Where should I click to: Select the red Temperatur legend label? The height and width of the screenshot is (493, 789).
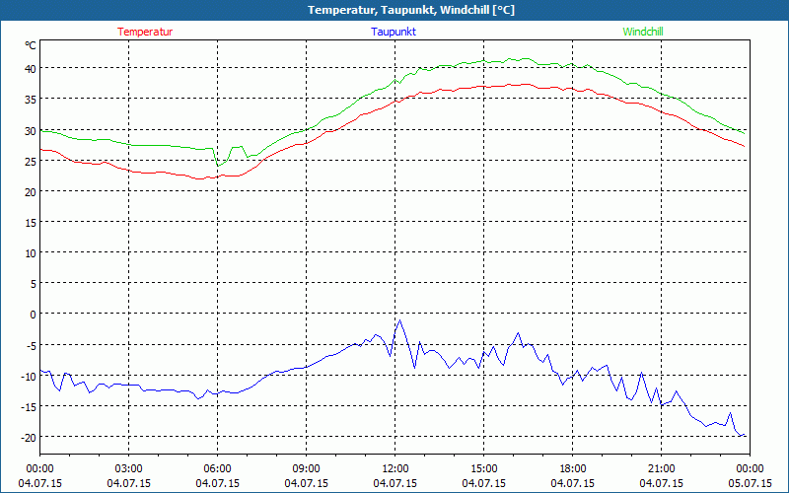click(x=145, y=32)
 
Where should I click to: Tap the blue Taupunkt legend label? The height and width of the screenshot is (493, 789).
click(x=394, y=32)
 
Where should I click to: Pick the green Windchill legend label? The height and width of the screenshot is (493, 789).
click(x=642, y=32)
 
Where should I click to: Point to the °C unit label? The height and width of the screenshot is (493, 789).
click(x=31, y=45)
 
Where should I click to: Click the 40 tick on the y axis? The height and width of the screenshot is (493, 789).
click(x=30, y=68)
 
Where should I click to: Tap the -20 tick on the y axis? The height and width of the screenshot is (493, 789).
click(x=29, y=437)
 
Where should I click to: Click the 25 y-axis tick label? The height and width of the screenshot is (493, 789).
click(x=30, y=161)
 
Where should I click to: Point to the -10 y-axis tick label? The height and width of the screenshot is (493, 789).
click(x=29, y=376)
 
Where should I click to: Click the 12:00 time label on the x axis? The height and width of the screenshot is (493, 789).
click(x=394, y=468)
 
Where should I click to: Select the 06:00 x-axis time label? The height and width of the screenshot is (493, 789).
click(x=217, y=468)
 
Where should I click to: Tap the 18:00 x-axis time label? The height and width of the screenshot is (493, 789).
click(x=572, y=468)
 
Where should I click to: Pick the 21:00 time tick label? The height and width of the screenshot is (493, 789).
click(x=661, y=468)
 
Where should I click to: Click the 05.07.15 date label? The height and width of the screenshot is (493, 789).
click(x=750, y=483)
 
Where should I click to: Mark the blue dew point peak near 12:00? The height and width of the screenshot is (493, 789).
click(x=399, y=320)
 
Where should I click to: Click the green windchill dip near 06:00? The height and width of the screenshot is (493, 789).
click(x=219, y=164)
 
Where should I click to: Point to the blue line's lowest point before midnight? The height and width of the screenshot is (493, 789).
click(x=741, y=436)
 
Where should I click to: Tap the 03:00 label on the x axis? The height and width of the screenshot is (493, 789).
click(x=128, y=468)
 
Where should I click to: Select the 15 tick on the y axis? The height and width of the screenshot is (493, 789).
click(x=30, y=222)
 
